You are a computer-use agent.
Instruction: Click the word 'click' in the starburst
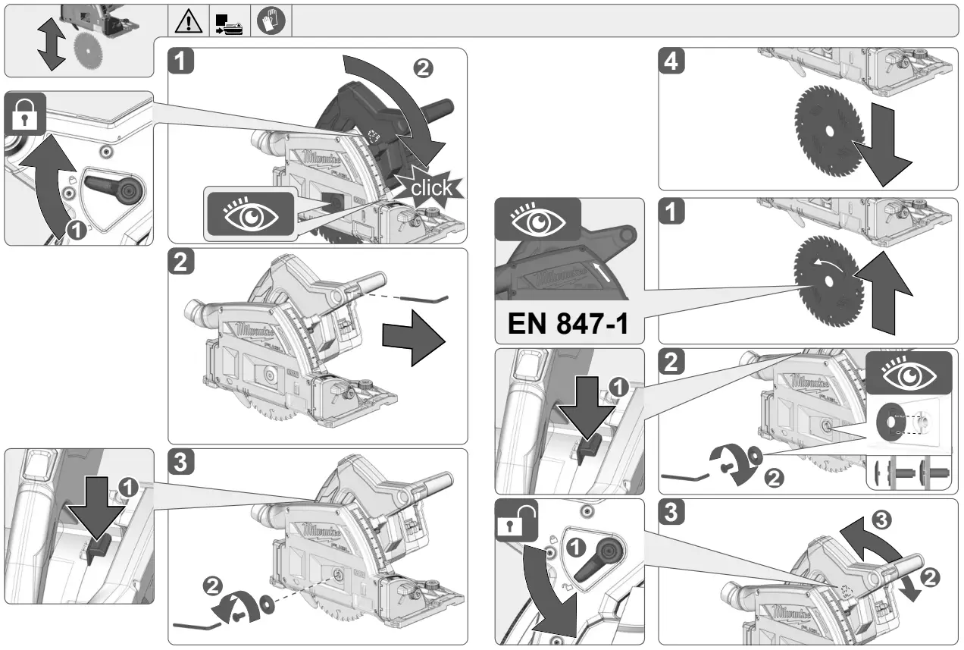(430, 187)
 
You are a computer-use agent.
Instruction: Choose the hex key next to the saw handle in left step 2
(424, 298)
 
